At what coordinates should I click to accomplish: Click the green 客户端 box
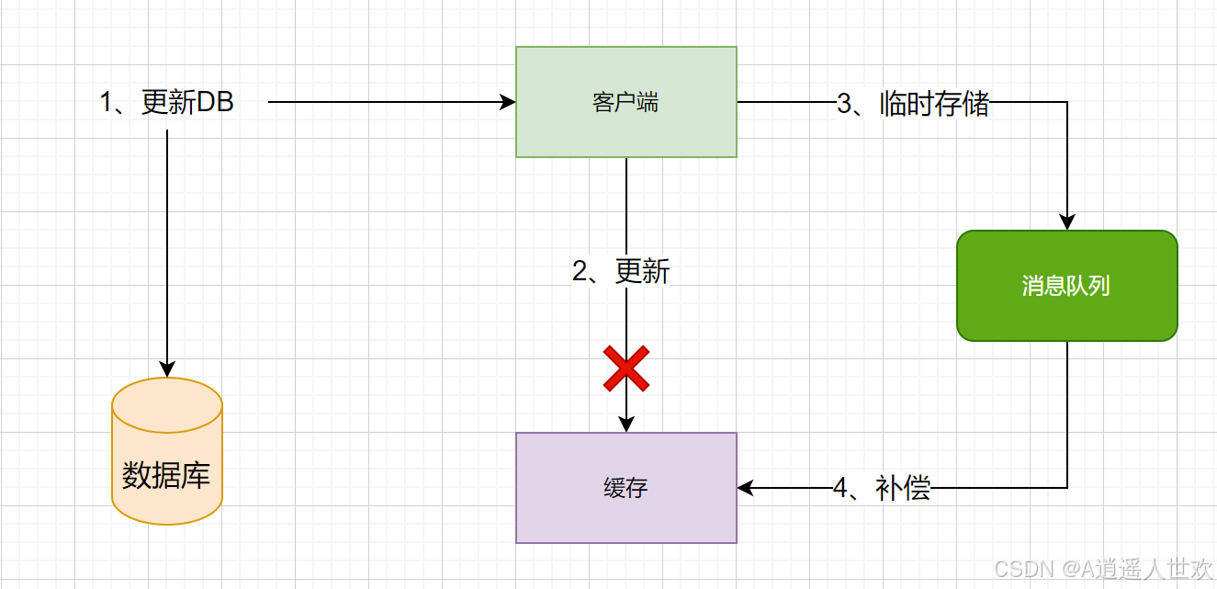(x=625, y=102)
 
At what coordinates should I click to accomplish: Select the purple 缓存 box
(x=625, y=488)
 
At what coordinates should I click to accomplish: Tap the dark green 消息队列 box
(x=1066, y=286)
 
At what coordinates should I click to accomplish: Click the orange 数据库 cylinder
(x=166, y=451)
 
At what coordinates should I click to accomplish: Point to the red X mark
(x=625, y=368)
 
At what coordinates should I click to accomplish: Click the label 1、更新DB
(x=166, y=103)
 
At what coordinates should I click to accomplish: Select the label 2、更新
(x=621, y=272)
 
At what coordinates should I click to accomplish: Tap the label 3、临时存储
(x=912, y=104)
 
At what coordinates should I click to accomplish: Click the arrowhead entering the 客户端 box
(x=508, y=102)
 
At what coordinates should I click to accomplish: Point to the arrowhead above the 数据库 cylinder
(x=166, y=369)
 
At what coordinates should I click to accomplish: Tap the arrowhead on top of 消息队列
(x=1066, y=222)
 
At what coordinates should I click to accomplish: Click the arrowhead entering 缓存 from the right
(x=745, y=488)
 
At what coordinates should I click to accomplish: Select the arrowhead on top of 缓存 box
(x=625, y=425)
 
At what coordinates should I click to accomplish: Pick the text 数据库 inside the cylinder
(x=166, y=475)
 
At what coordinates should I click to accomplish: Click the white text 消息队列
(x=1066, y=286)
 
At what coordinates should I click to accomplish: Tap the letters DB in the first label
(x=216, y=103)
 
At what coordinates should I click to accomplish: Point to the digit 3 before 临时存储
(x=844, y=104)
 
